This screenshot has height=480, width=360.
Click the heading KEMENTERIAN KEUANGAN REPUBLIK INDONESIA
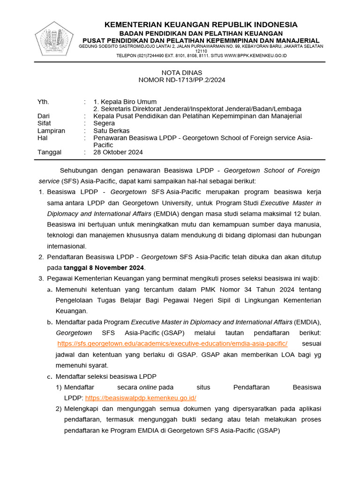click(x=201, y=25)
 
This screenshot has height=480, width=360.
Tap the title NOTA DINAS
click(x=181, y=73)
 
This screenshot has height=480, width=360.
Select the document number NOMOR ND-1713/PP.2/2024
click(x=182, y=80)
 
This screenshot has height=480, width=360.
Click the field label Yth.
click(x=43, y=102)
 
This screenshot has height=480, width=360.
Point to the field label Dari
click(x=44, y=116)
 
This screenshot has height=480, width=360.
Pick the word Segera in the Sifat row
click(x=104, y=123)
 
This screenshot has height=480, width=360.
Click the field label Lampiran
click(x=51, y=131)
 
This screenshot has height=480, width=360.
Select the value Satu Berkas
click(x=112, y=131)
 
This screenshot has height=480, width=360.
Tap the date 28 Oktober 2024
click(x=118, y=152)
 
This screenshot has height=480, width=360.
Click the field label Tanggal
click(x=49, y=152)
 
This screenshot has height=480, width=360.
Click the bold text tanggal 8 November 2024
click(x=104, y=268)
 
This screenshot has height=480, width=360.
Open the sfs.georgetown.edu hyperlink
click(x=172, y=344)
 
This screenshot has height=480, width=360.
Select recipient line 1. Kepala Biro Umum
click(x=125, y=102)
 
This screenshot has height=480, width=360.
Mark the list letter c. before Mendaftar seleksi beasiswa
click(x=49, y=376)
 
